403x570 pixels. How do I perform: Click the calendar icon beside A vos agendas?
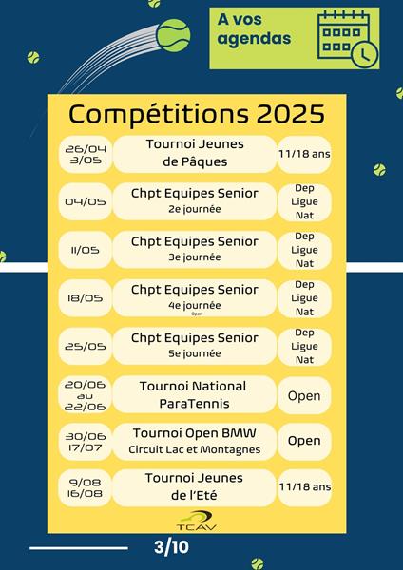pos(348,39)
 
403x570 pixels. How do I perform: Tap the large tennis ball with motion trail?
pos(173,36)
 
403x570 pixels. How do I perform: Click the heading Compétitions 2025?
pos(197,114)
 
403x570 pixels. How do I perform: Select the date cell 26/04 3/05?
pos(86,155)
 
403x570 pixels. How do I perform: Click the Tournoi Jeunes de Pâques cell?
pos(195,154)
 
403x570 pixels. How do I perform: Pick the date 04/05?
pos(86,201)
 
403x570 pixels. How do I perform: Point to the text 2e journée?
pos(195,209)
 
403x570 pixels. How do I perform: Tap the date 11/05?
pos(86,250)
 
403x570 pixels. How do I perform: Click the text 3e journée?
pos(195,257)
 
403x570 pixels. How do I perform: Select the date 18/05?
pos(86,298)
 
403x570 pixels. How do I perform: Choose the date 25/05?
pos(86,347)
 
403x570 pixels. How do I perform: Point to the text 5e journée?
pos(195,353)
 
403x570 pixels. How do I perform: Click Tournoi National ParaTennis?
pos(195,394)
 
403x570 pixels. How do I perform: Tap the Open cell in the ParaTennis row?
pos(304,395)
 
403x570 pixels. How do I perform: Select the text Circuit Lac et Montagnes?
pos(195,449)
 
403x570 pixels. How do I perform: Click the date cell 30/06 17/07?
pos(86,442)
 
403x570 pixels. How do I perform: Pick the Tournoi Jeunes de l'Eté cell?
pos(194,487)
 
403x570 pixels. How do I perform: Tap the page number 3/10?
pos(171,547)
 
